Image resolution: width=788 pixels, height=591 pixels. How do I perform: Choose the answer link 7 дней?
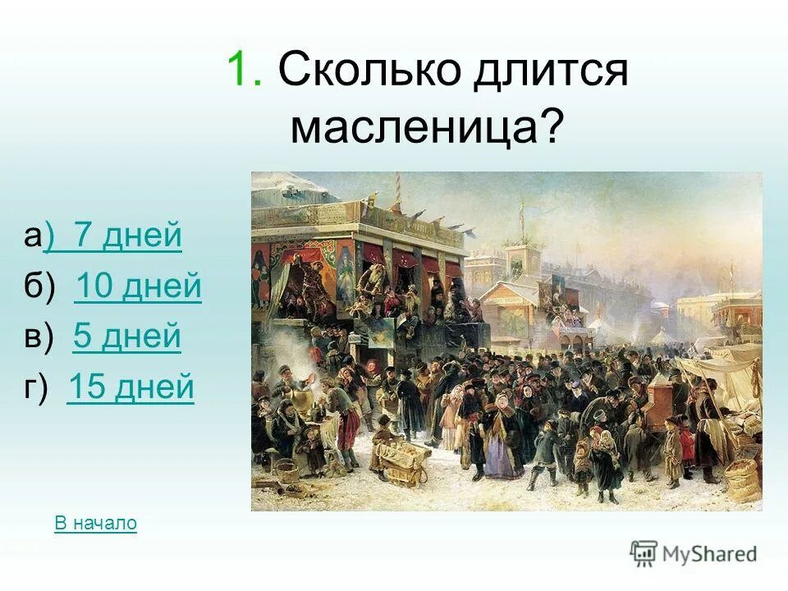point(127,236)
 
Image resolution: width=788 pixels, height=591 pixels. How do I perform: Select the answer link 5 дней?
point(126,337)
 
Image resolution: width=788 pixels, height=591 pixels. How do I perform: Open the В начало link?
point(95,523)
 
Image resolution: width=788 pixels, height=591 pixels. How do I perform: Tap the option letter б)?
point(39,286)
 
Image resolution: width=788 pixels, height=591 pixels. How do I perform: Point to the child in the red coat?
point(686,446)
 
